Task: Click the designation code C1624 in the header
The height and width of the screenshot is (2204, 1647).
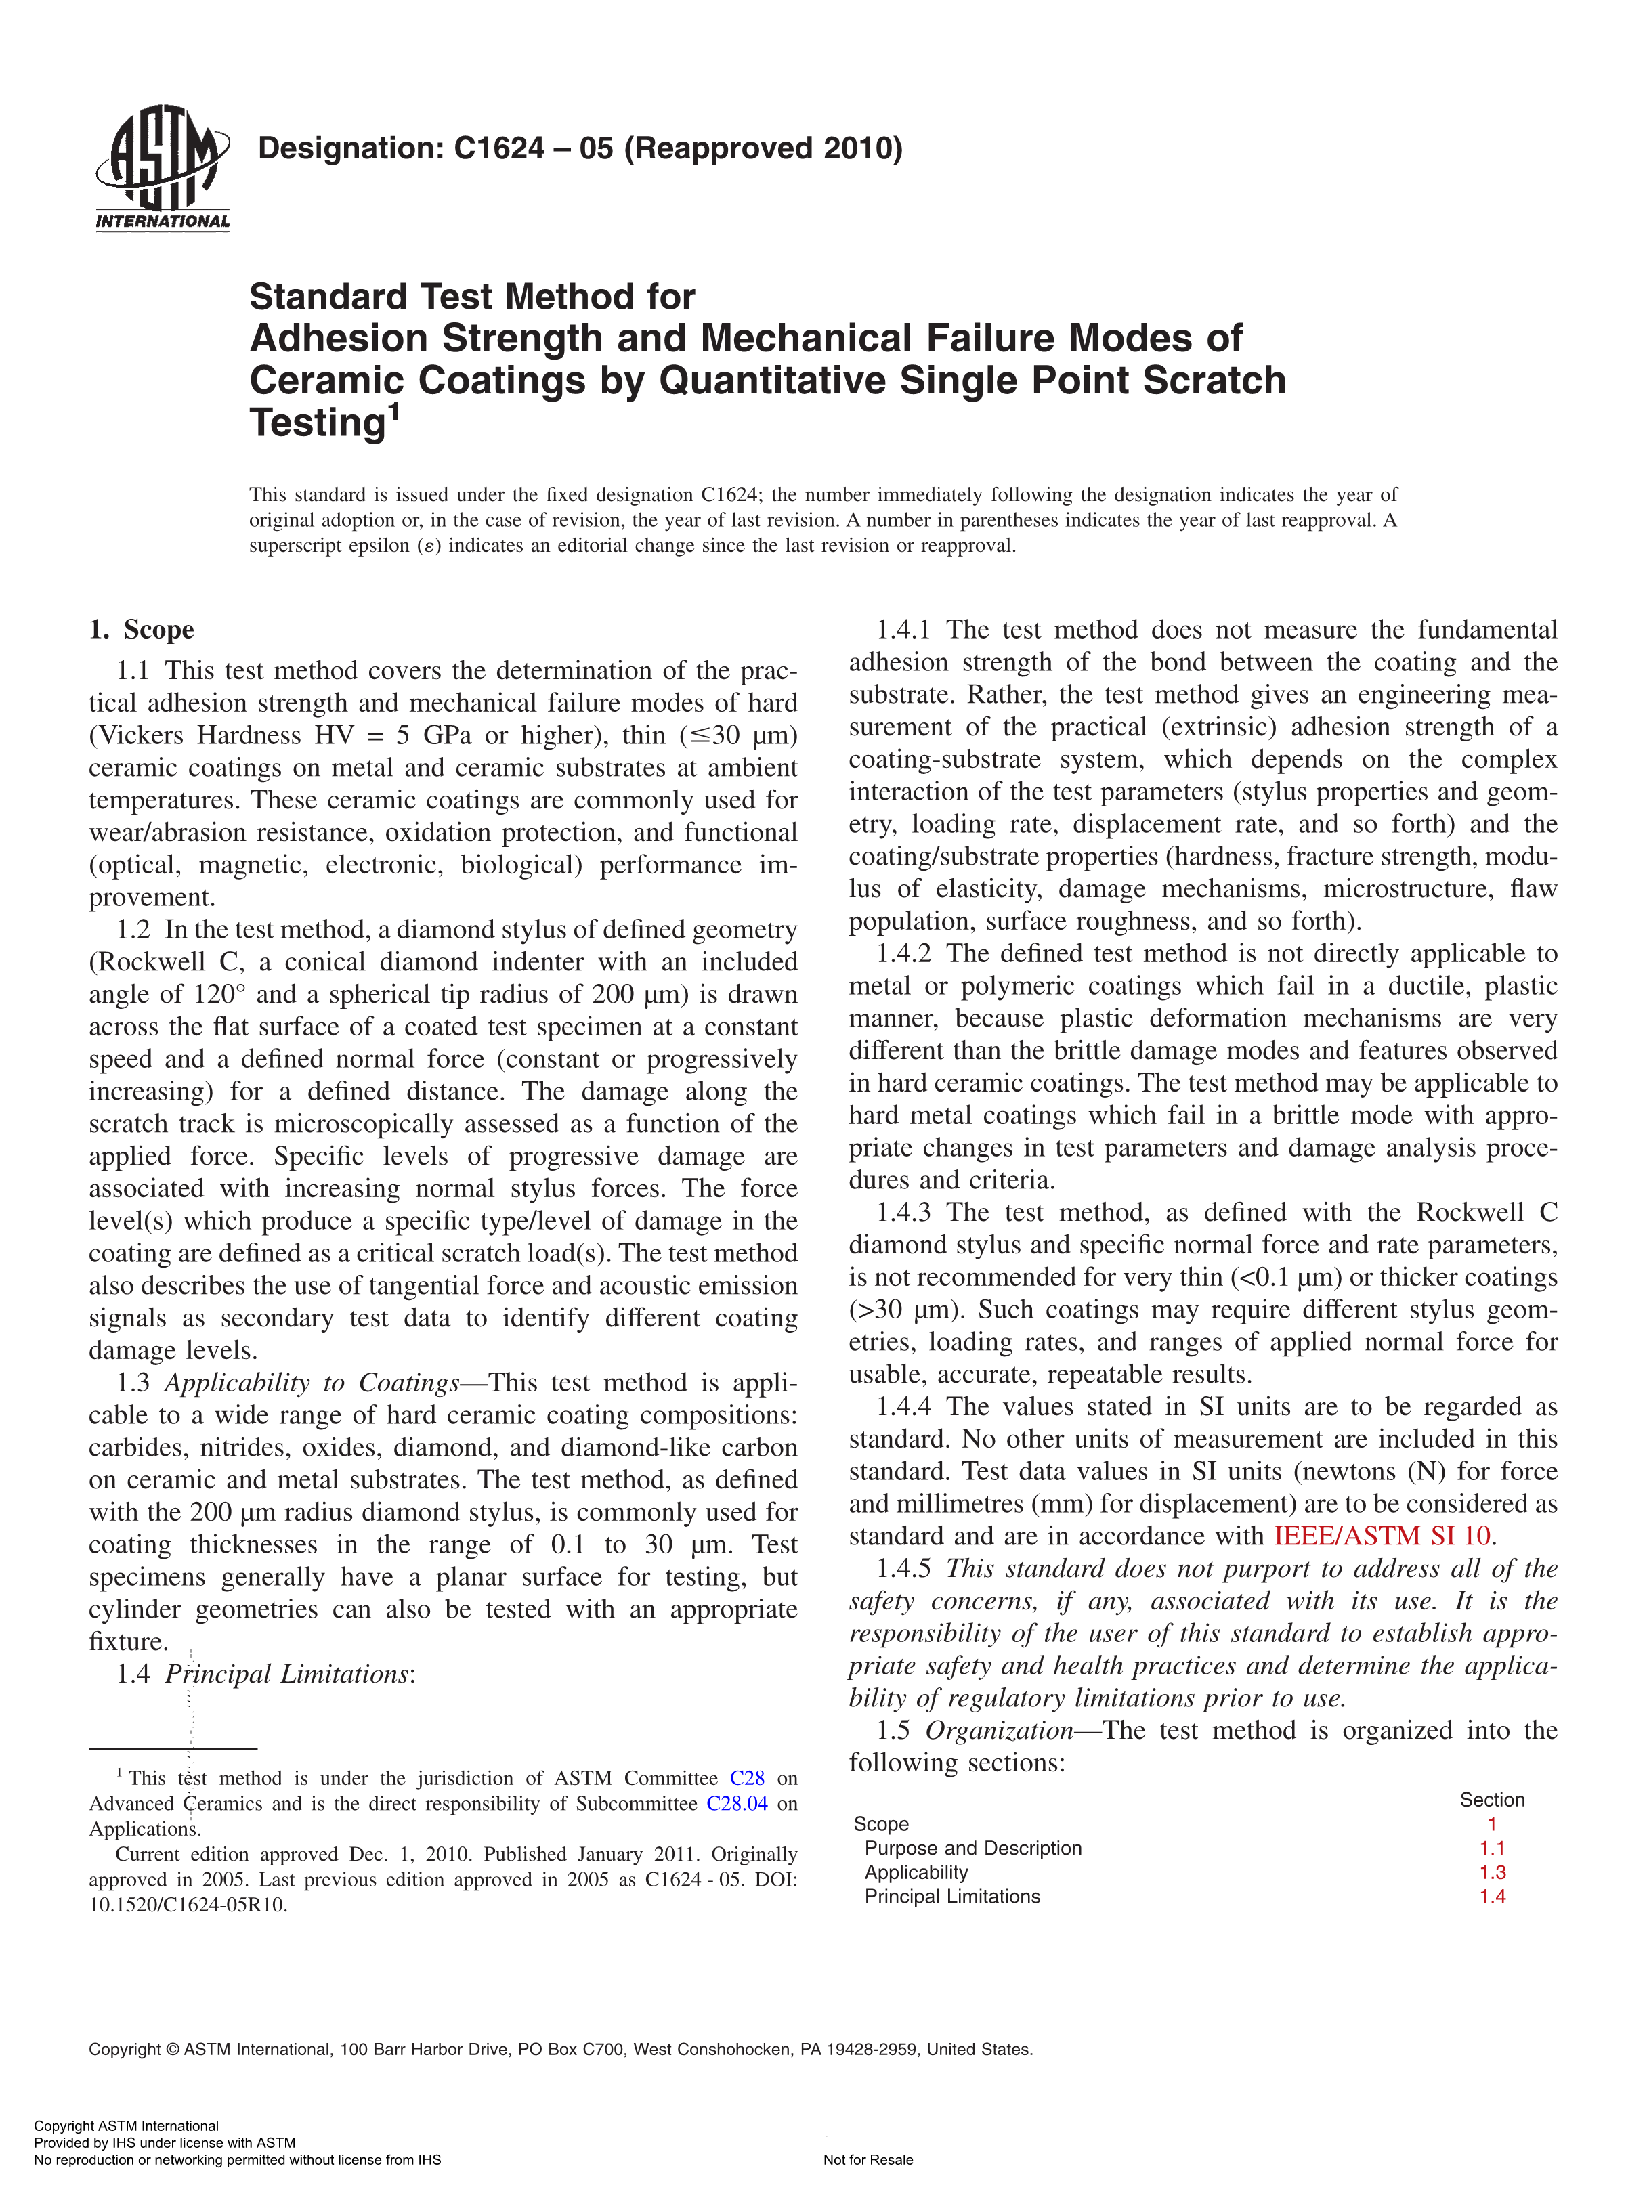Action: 498,148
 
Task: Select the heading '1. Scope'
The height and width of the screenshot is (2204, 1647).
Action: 142,630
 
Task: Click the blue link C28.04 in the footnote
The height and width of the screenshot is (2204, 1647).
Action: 736,1803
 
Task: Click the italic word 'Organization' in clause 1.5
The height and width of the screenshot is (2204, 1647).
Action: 998,1731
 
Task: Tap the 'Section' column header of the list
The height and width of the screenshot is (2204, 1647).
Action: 1491,1800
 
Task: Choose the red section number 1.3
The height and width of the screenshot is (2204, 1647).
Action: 1491,1872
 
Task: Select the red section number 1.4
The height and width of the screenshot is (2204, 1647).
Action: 1491,1896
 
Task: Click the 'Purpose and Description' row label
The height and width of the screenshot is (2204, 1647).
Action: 972,1849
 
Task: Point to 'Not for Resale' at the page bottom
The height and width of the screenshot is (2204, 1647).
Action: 868,2160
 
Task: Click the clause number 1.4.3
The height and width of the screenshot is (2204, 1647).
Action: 903,1213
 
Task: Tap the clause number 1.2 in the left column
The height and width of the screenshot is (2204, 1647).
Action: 133,930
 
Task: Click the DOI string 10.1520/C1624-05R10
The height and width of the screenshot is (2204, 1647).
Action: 188,1905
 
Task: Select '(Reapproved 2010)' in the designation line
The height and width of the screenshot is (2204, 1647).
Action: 763,148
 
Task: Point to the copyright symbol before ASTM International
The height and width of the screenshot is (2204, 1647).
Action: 173,2050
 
